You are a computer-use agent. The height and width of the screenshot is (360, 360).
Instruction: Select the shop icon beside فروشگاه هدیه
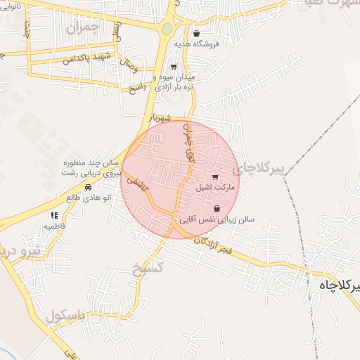(195, 33)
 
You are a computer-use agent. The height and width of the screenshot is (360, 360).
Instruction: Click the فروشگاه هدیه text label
(204, 44)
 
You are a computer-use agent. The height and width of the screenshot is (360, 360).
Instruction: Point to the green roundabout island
(166, 30)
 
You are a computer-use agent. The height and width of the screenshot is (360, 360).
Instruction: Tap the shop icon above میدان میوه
(174, 66)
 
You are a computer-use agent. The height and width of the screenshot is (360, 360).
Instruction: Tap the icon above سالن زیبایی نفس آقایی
(216, 209)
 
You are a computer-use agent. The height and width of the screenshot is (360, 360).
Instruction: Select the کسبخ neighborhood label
(148, 266)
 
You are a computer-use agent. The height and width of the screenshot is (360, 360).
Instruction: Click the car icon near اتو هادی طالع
(88, 188)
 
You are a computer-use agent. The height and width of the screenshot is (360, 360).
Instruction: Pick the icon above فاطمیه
(54, 215)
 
